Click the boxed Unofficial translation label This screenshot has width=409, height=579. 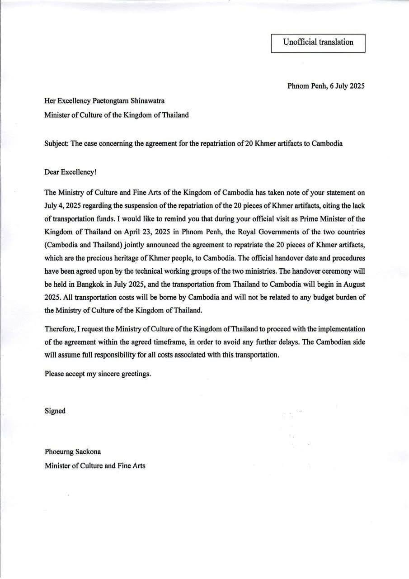tap(318, 43)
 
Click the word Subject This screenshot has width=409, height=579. tap(56, 144)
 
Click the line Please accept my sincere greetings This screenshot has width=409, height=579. tap(98, 374)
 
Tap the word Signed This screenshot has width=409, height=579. tap(55, 411)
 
